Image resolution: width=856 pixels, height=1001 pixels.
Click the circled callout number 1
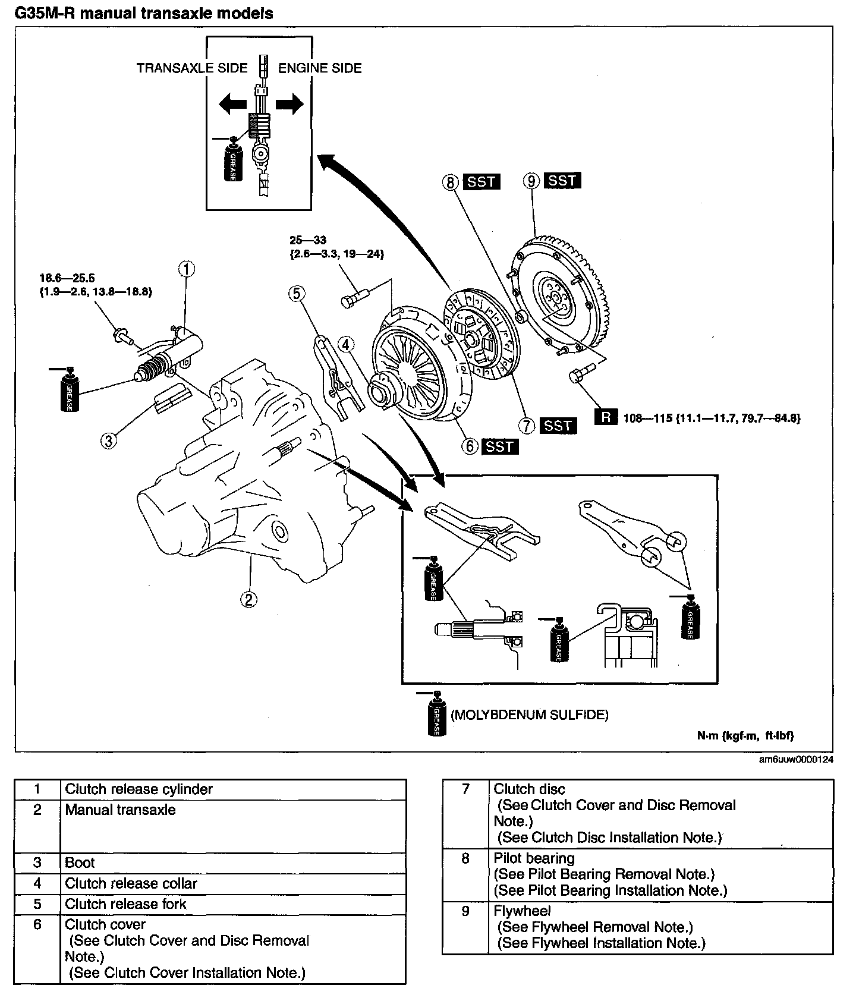point(186,269)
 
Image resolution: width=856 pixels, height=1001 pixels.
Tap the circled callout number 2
point(248,599)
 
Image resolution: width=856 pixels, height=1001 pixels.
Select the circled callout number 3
point(108,441)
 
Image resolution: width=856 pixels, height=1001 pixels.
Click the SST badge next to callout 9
point(561,180)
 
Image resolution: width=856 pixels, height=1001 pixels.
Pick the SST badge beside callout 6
point(499,446)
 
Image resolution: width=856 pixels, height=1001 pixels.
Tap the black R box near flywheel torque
point(605,417)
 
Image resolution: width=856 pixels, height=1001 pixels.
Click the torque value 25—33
point(308,240)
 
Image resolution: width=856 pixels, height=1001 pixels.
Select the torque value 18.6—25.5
point(67,278)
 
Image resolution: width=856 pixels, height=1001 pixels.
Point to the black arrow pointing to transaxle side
point(232,105)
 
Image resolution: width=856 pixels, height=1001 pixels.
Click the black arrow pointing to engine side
point(289,105)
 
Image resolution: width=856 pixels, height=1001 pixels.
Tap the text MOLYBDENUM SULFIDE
point(530,714)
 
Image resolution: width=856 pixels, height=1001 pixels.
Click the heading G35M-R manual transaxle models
point(143,13)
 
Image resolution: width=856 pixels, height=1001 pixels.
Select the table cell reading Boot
point(80,863)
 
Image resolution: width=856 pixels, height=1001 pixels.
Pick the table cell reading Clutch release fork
point(125,904)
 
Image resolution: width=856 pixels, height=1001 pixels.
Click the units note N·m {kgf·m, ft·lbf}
point(745,735)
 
